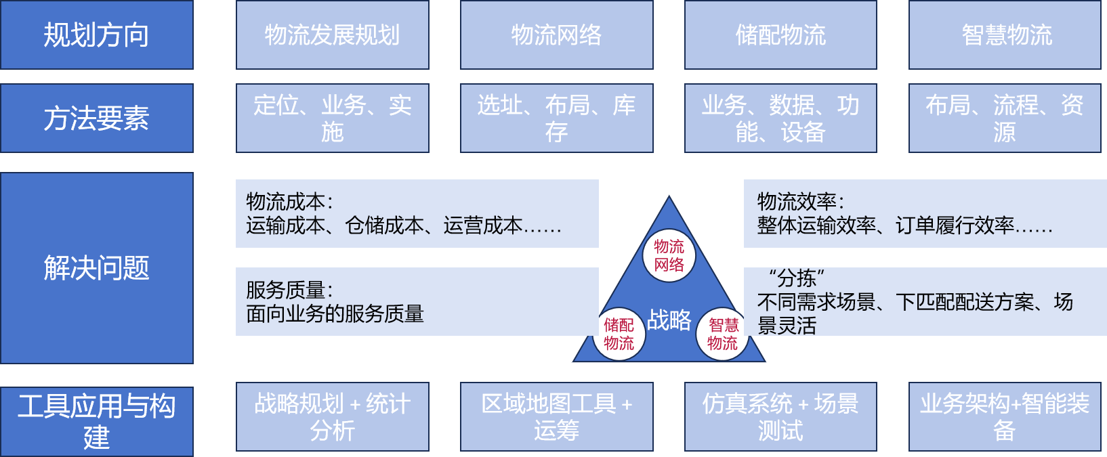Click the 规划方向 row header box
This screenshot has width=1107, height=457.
click(97, 35)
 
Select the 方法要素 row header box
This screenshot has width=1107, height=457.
click(97, 118)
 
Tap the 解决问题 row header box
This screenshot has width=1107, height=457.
click(97, 268)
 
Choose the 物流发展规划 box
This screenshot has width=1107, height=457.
click(332, 35)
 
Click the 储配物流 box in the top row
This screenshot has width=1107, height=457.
click(780, 35)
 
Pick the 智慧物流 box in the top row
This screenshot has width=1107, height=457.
click(1005, 35)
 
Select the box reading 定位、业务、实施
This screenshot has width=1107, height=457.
click(332, 118)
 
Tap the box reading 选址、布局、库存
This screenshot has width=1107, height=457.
click(556, 118)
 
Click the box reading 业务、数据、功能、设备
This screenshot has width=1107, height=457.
click(780, 118)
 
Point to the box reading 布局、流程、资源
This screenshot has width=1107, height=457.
click(1005, 118)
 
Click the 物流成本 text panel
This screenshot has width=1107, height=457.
click(417, 213)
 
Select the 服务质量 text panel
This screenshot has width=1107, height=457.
click(417, 302)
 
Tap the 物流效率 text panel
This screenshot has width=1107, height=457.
click(925, 213)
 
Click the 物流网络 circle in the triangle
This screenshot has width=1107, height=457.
click(669, 256)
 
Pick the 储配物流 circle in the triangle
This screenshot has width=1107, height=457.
click(619, 334)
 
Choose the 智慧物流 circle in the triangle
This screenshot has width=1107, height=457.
click(722, 334)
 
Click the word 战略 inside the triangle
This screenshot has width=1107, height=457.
click(669, 320)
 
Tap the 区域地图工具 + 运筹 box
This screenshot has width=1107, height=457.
click(556, 417)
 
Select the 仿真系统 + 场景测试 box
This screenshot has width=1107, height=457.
click(780, 417)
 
